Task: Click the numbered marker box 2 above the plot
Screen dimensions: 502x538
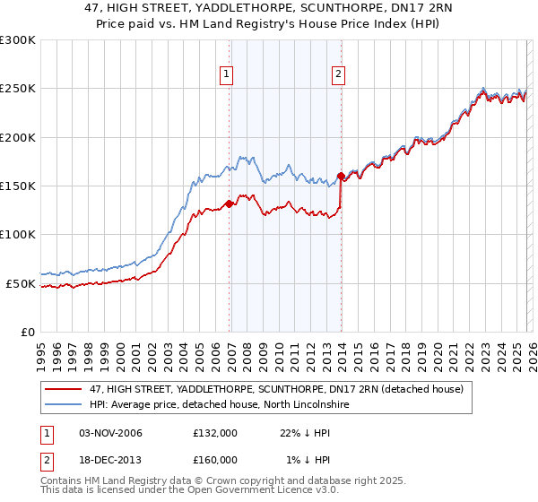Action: point(339,74)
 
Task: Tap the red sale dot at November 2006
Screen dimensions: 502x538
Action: point(229,203)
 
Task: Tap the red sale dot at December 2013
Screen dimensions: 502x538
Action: point(341,176)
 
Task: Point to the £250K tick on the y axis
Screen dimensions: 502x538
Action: point(18,89)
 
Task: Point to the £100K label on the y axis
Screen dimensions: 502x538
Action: point(18,235)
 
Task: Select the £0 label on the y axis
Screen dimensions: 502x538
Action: point(28,332)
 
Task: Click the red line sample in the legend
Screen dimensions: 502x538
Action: point(65,389)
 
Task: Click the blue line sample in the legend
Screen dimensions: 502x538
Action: point(65,404)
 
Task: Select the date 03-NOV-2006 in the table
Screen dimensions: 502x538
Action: point(105,433)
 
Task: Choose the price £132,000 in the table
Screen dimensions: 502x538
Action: point(215,433)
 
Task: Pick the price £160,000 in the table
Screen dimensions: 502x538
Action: point(215,460)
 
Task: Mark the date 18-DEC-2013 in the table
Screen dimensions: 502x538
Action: point(105,460)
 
